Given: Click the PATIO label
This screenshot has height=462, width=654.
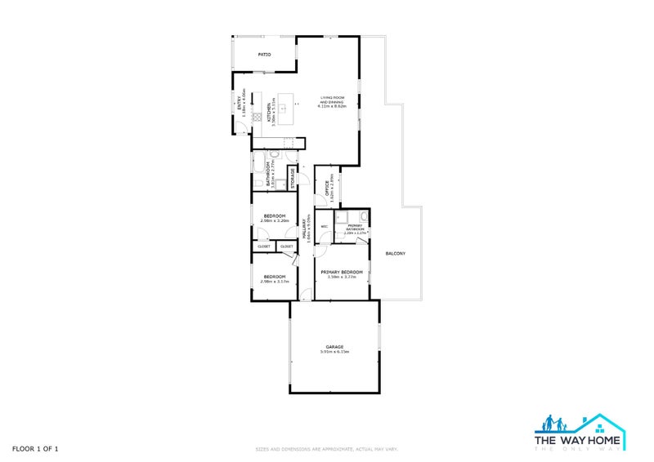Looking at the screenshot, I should click(264, 56).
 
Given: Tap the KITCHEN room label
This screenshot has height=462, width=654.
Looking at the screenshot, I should click(271, 113).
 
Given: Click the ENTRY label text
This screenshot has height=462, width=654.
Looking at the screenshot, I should click(240, 104).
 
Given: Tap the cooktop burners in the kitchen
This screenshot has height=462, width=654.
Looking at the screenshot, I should click(256, 115).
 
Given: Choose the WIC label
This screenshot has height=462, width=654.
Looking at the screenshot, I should click(325, 226).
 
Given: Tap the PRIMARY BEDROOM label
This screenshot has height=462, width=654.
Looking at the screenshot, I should click(342, 272).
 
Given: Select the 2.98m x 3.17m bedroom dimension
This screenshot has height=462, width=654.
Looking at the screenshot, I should click(274, 282).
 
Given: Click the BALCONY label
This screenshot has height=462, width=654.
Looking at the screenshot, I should click(395, 253).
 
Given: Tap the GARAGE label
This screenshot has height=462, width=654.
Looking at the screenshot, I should click(334, 347).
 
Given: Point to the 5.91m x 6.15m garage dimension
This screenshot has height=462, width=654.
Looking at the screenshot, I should click(334, 353).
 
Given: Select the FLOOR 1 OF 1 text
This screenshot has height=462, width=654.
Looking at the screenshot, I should click(35, 449).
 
